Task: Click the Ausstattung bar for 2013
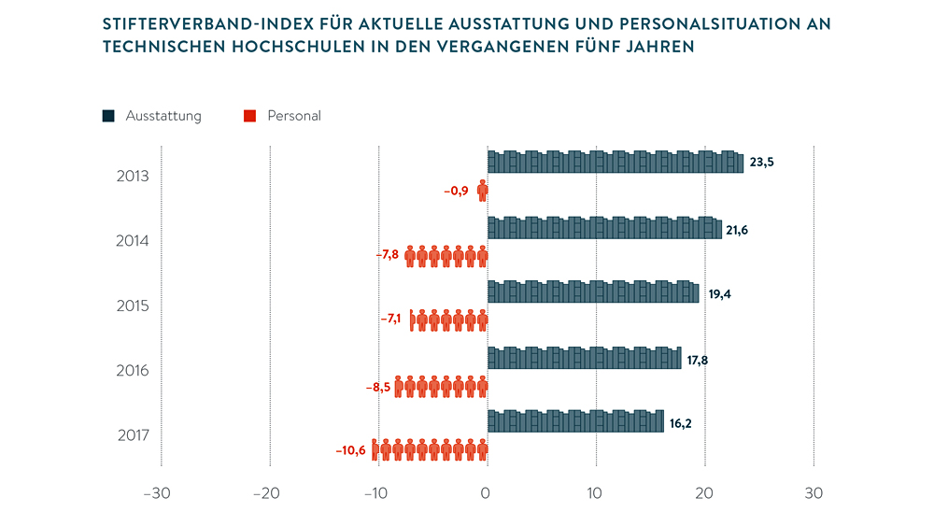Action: pyautogui.click(x=616, y=162)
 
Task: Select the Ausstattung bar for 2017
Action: pyautogui.click(x=575, y=421)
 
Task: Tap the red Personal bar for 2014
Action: pyautogui.click(x=446, y=256)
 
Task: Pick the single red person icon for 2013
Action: pyautogui.click(x=483, y=192)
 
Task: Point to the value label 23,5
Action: pyautogui.click(x=761, y=162)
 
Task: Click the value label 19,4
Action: pyautogui.click(x=720, y=293)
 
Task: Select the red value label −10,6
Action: pyautogui.click(x=351, y=450)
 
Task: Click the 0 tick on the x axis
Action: pyautogui.click(x=487, y=493)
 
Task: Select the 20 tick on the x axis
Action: pyautogui.click(x=704, y=493)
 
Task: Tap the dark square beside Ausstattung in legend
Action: pyautogui.click(x=108, y=116)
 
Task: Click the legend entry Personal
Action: pyautogui.click(x=293, y=116)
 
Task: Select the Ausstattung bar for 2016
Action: pyautogui.click(x=584, y=358)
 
